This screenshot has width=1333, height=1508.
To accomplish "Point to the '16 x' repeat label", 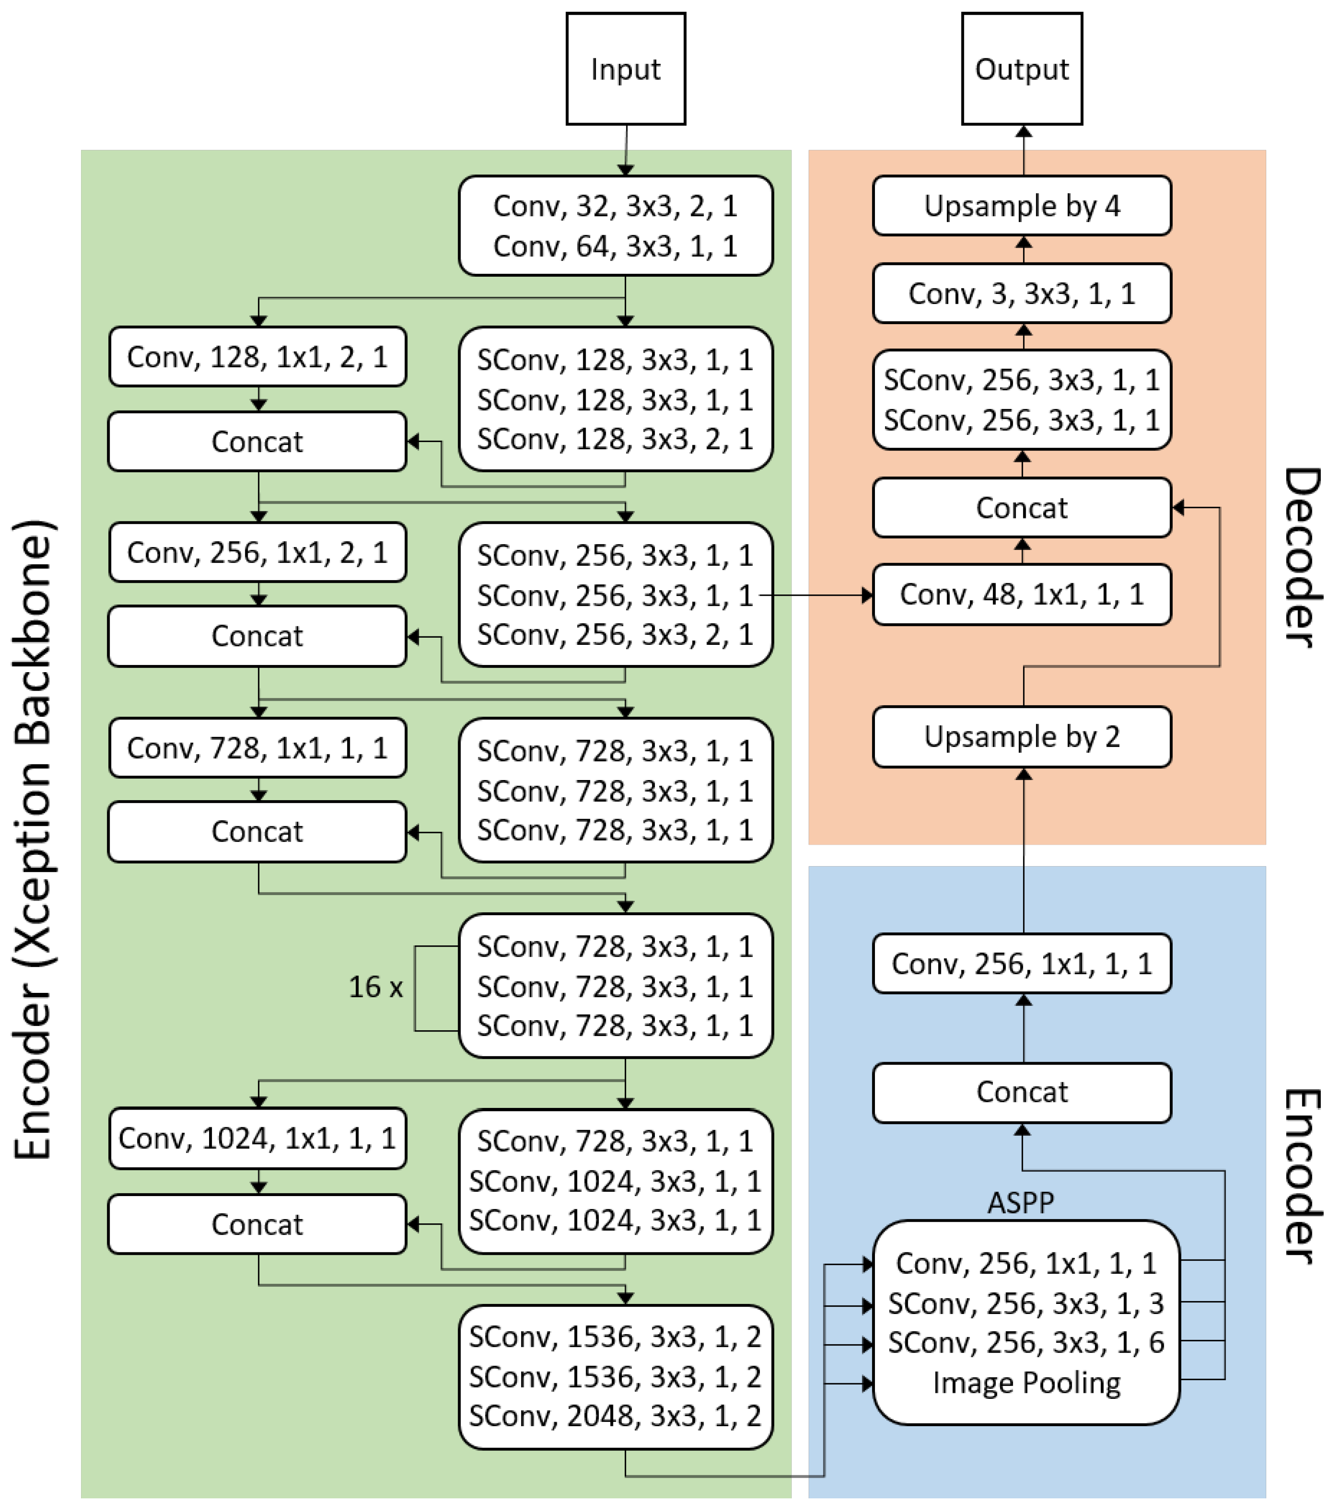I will coord(375,987).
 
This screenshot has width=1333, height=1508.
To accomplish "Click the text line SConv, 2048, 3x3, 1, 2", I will coord(615,1416).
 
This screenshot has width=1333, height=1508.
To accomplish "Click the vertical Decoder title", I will coord(1302,557).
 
